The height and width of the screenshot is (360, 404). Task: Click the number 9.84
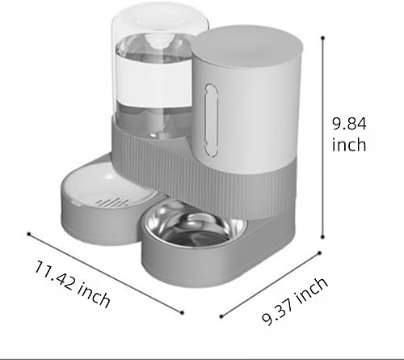(349, 125)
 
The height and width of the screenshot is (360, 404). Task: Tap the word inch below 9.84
(349, 146)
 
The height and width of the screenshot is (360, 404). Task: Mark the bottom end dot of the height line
(324, 236)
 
